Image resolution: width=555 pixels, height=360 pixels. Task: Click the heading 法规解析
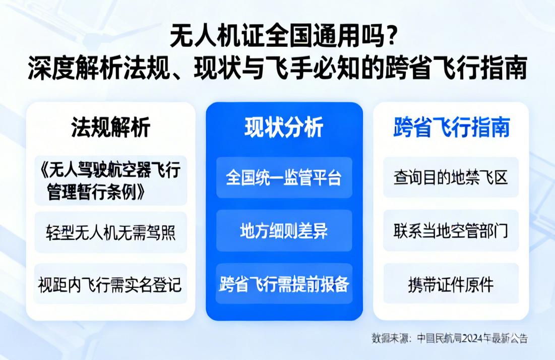tap(110, 128)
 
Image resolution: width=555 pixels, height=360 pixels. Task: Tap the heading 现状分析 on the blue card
tap(284, 128)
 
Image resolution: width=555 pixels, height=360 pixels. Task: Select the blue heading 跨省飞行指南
tap(451, 128)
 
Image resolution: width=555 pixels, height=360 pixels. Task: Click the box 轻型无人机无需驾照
tap(110, 232)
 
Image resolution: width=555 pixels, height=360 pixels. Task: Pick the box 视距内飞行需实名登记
tap(110, 284)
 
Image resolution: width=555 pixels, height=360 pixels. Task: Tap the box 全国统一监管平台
tap(284, 177)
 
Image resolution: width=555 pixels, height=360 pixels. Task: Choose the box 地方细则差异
tap(284, 231)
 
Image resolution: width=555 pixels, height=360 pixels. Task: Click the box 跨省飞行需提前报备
tap(284, 284)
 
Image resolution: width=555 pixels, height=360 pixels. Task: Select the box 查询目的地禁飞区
tap(451, 177)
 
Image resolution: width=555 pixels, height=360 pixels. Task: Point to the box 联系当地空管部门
tap(451, 231)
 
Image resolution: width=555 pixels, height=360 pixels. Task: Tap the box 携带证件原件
tap(451, 284)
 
